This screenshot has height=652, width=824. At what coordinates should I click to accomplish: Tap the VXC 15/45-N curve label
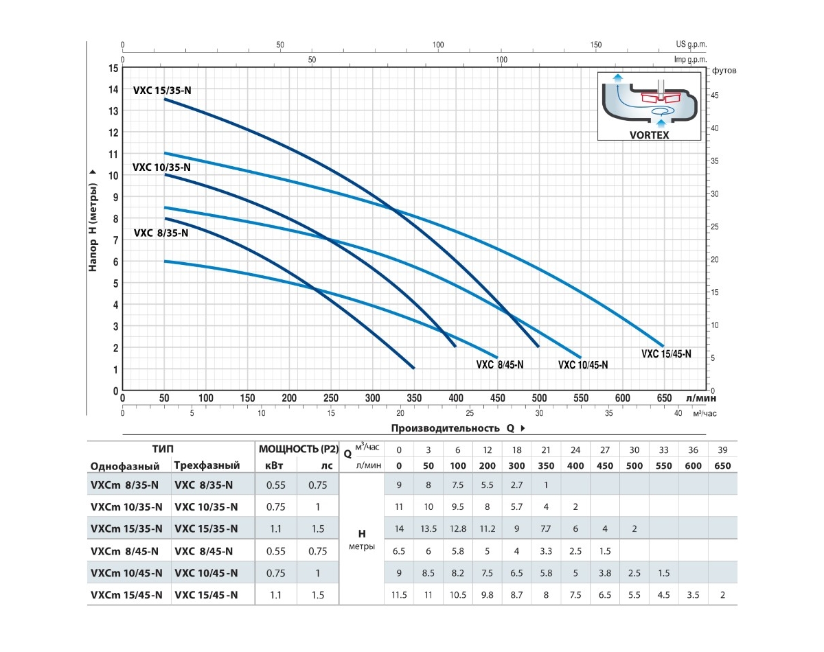(x=666, y=354)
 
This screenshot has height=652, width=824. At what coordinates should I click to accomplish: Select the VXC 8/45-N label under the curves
(x=500, y=365)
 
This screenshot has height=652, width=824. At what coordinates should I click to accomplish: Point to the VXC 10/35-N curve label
(x=161, y=167)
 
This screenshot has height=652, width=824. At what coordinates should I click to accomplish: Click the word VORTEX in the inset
(x=649, y=135)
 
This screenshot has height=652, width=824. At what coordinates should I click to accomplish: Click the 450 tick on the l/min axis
(x=497, y=398)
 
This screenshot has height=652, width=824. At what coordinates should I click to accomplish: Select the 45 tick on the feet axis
(x=715, y=95)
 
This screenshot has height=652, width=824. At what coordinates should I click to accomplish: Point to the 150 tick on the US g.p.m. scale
(x=595, y=45)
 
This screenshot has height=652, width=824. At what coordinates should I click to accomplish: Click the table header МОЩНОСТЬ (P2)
(x=298, y=450)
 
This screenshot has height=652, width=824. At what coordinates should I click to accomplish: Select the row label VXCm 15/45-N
(x=126, y=595)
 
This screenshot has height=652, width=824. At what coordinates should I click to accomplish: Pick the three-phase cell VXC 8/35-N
(x=204, y=485)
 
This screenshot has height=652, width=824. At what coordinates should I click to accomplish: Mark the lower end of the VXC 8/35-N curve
(x=413, y=368)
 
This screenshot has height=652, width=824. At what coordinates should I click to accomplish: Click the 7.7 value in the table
(x=547, y=529)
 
